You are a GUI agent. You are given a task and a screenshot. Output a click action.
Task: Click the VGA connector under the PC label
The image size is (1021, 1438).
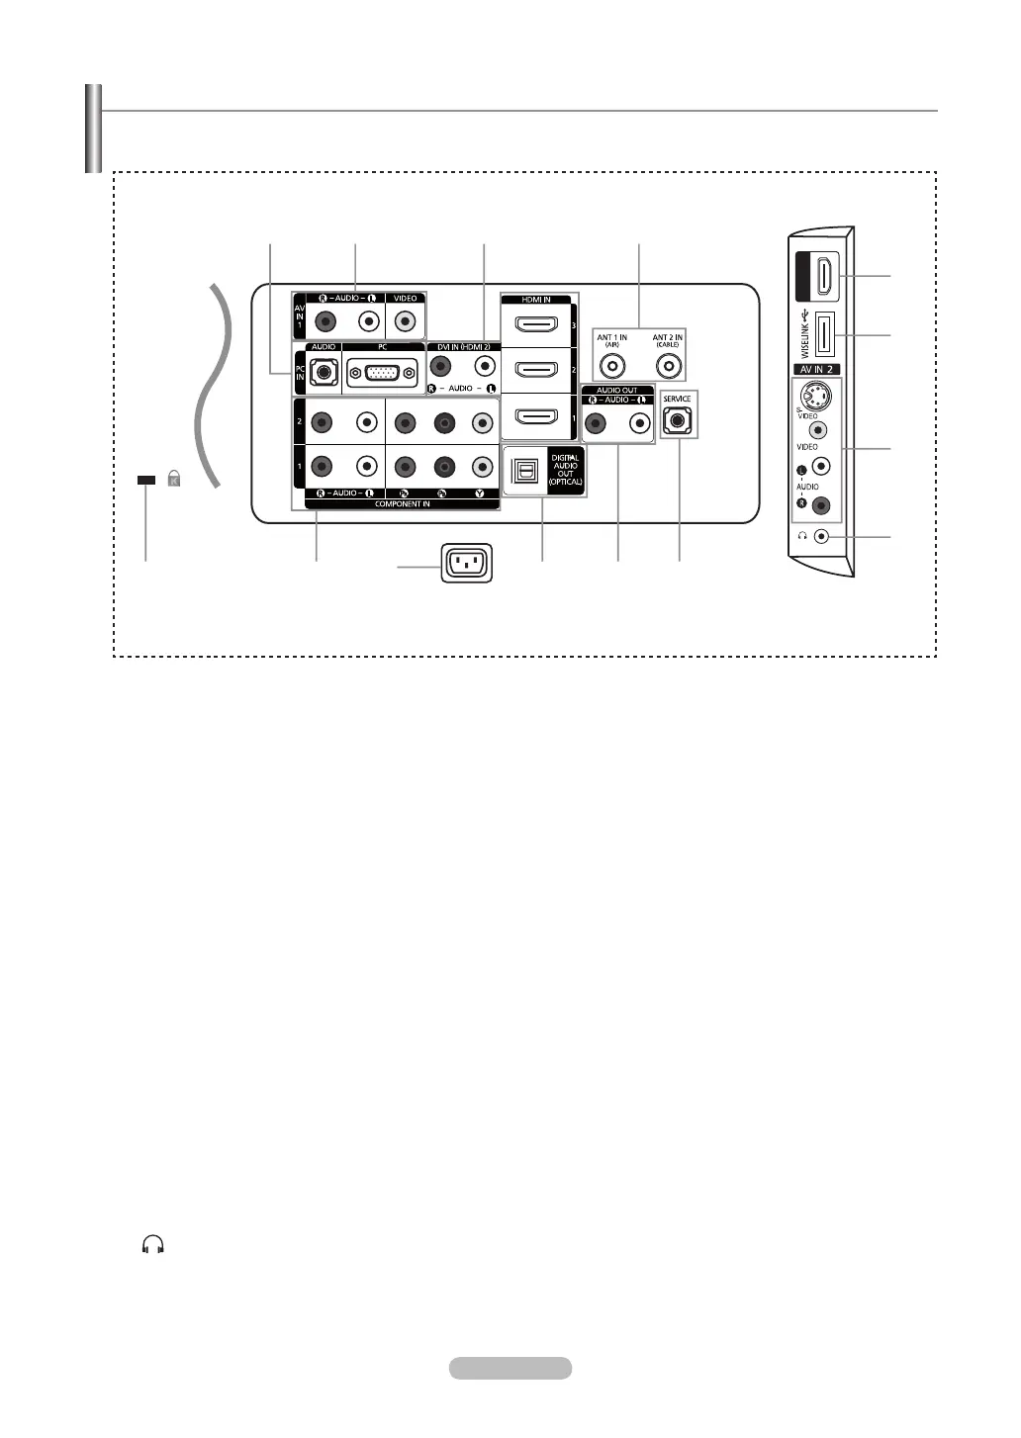382,374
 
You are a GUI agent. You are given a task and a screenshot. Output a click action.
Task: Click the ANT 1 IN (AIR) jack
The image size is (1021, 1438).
613,366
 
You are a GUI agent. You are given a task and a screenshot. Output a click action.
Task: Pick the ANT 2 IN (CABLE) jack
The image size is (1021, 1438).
669,366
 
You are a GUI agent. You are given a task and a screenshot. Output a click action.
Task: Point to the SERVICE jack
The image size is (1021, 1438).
678,420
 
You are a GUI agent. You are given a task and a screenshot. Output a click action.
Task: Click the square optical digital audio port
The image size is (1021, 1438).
524,473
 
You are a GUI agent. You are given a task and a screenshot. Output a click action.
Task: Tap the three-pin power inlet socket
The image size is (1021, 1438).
466,564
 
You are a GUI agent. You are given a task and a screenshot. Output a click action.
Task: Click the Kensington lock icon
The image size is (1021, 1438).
174,480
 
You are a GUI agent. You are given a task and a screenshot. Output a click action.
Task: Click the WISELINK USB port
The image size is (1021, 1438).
823,336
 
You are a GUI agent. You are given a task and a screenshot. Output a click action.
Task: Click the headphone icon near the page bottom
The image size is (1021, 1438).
152,1245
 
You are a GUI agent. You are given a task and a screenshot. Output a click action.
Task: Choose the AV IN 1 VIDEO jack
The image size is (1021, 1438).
405,321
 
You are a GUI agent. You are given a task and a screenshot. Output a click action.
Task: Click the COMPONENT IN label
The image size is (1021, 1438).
402,504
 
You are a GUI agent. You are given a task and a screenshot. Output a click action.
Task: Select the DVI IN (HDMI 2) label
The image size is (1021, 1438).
463,347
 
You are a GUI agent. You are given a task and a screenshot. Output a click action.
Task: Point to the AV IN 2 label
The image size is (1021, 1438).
817,370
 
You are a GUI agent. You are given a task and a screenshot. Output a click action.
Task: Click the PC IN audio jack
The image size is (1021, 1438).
322,374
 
